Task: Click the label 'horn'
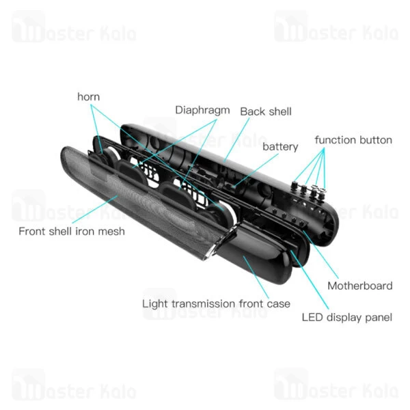pos(88,96)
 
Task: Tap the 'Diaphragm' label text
pos(202,109)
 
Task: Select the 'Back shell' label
pos(265,111)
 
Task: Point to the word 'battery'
pos(280,146)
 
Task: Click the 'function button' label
pos(353,140)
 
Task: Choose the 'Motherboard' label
pos(359,286)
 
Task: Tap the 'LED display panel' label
pos(346,317)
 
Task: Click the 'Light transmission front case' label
pos(216,303)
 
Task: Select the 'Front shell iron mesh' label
pos(72,231)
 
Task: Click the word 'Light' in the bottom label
pos(154,303)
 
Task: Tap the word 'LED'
pos(313,317)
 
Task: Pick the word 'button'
pos(375,140)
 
